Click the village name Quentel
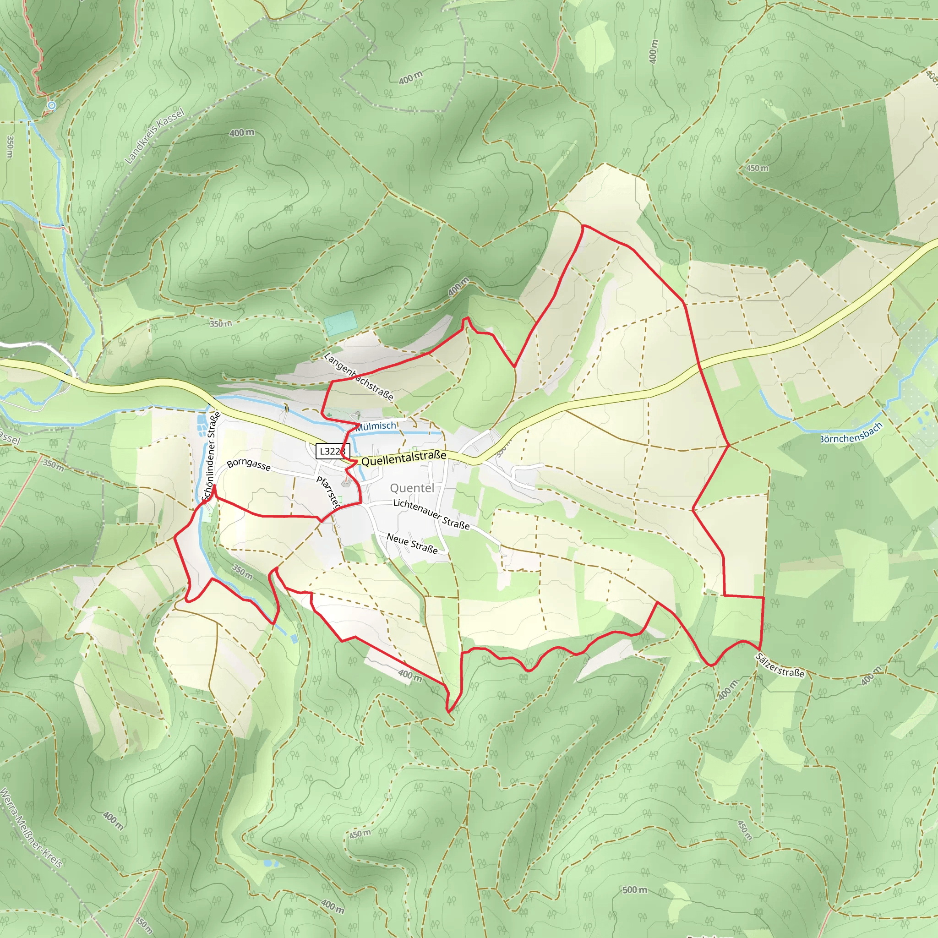pos(412,488)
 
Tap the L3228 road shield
pos(333,451)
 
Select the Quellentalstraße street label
pos(404,458)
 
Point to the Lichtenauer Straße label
pos(431,514)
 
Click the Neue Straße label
pos(412,543)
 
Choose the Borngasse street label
pos(249,464)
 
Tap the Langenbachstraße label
pos(358,376)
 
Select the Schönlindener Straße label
pos(211,456)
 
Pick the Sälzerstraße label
pos(780,665)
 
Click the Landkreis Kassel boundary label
pos(155,136)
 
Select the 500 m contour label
pos(634,890)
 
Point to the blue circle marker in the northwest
pos(51,105)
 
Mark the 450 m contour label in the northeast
pos(758,168)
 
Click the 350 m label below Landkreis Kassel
pos(220,324)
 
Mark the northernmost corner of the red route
pos(583,226)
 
